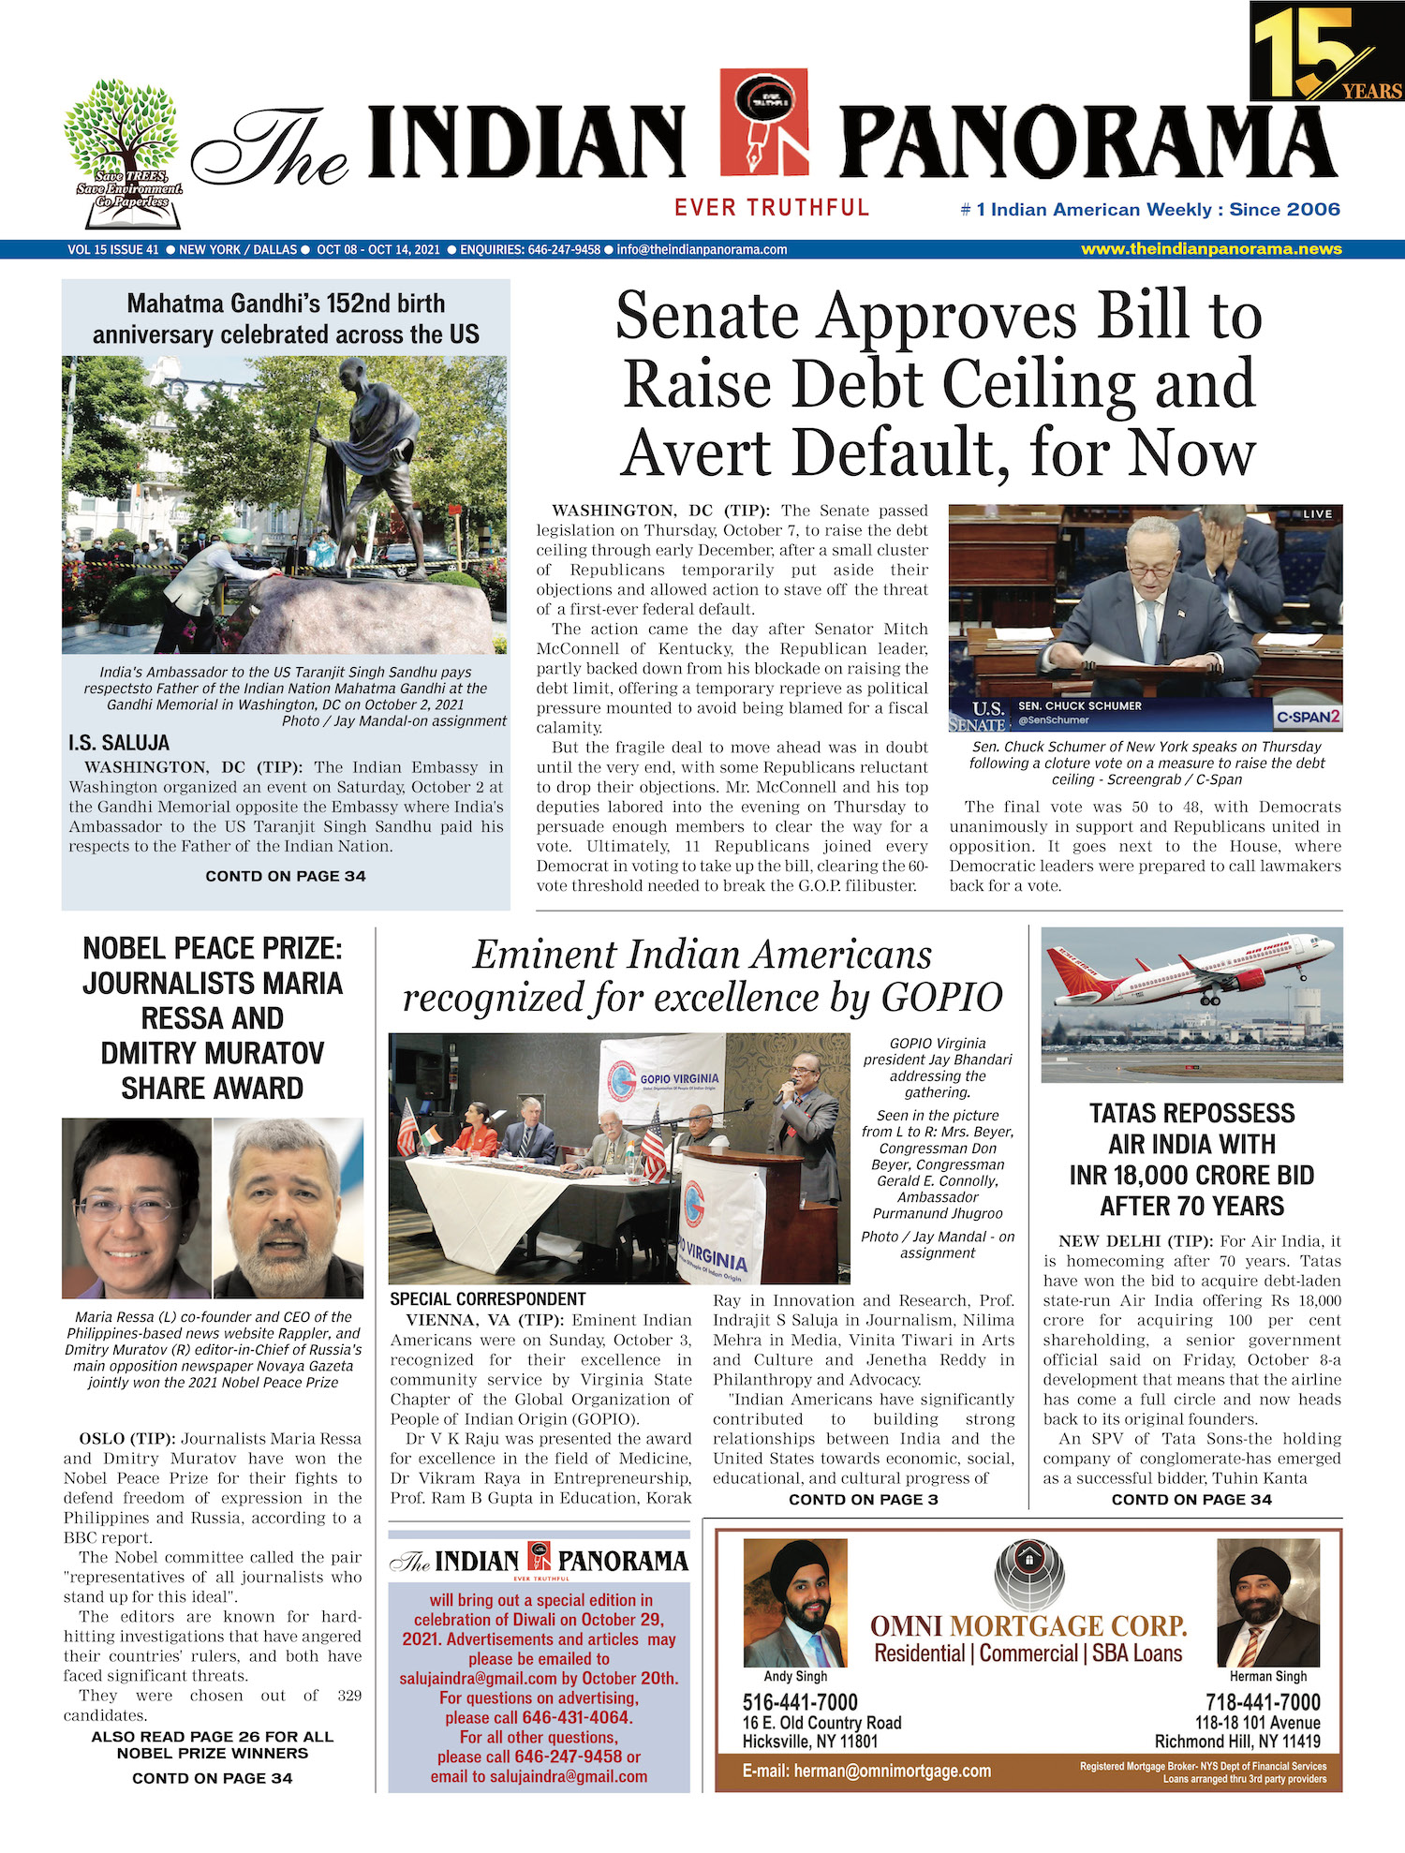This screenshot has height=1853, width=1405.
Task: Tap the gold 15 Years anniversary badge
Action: (1326, 52)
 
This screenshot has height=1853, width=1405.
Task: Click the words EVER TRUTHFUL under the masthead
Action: (772, 208)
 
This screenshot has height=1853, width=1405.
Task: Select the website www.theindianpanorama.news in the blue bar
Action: (1211, 249)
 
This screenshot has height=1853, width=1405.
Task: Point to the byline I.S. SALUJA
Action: (119, 743)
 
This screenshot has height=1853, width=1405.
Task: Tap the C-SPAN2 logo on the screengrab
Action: (1308, 717)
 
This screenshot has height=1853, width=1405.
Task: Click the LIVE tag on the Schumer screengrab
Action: (1317, 514)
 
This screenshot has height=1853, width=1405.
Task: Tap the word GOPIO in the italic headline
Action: (941, 998)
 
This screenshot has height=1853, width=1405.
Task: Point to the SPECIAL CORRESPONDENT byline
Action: (488, 1299)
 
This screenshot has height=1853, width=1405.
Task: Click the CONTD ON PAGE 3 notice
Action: (863, 1500)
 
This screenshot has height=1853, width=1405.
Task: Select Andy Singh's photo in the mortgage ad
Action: (795, 1602)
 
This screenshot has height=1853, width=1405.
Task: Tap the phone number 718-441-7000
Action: (1263, 1702)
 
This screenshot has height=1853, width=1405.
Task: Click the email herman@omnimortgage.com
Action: (866, 1771)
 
